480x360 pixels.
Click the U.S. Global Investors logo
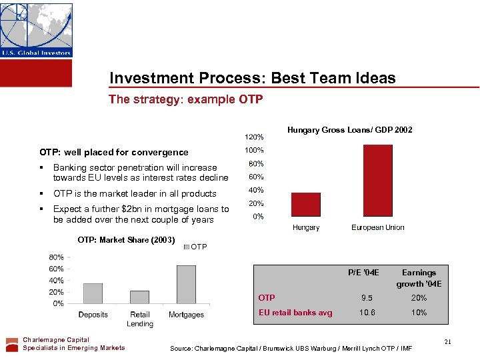[36, 30]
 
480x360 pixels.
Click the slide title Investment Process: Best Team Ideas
[252, 78]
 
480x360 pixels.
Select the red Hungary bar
[306, 205]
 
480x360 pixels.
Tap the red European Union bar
[377, 181]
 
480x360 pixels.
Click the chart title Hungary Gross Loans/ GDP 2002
[349, 130]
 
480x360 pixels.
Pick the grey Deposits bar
[93, 293]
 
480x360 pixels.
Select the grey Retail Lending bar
[139, 297]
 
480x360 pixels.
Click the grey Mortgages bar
[186, 285]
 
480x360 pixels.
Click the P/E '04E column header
[363, 272]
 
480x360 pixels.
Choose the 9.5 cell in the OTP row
[363, 298]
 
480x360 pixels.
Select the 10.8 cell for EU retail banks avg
[363, 313]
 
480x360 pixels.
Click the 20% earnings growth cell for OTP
[419, 298]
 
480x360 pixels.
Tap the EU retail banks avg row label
[295, 313]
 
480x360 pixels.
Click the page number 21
[448, 342]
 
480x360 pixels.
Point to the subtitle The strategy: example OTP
[186, 99]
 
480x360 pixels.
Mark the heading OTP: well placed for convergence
[114, 152]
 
